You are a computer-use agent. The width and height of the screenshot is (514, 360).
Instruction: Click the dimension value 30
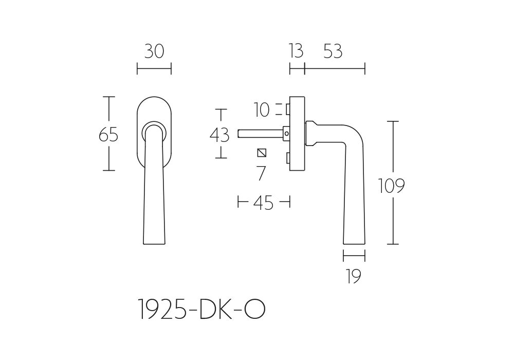pyautogui.click(x=154, y=51)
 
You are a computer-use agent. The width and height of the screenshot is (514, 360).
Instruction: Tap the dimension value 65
pyautogui.click(x=108, y=134)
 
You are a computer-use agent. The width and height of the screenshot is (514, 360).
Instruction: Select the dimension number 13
pyautogui.click(x=296, y=51)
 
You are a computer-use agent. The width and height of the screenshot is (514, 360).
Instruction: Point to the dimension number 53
pyautogui.click(x=333, y=51)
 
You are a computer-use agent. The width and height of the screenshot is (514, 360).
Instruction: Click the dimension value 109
pyautogui.click(x=392, y=186)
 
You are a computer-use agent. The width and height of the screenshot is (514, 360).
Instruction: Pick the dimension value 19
pyautogui.click(x=354, y=276)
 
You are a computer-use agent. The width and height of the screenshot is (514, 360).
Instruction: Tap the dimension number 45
pyautogui.click(x=263, y=203)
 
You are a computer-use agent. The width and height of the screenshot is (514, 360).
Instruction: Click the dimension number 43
pyautogui.click(x=219, y=135)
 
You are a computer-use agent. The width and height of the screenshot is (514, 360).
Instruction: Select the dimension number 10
pyautogui.click(x=262, y=110)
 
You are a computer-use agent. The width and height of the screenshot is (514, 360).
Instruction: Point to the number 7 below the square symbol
pyautogui.click(x=261, y=173)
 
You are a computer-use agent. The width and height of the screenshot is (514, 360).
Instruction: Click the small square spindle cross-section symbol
pyautogui.click(x=262, y=153)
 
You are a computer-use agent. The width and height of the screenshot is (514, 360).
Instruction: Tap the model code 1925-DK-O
pyautogui.click(x=201, y=309)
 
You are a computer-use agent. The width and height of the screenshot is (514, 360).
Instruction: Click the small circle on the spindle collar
pyautogui.click(x=287, y=134)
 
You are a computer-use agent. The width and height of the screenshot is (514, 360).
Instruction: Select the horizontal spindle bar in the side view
pyautogui.click(x=261, y=134)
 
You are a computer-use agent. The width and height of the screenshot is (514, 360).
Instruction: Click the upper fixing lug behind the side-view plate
pyautogui.click(x=288, y=110)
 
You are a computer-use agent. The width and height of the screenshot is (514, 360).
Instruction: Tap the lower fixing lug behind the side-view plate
pyautogui.click(x=288, y=158)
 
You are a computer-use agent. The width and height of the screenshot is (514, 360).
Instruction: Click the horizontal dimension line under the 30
pyautogui.click(x=154, y=69)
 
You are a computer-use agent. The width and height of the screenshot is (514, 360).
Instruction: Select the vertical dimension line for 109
pyautogui.click(x=393, y=183)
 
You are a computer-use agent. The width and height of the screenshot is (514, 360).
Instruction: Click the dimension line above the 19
pyautogui.click(x=354, y=256)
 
